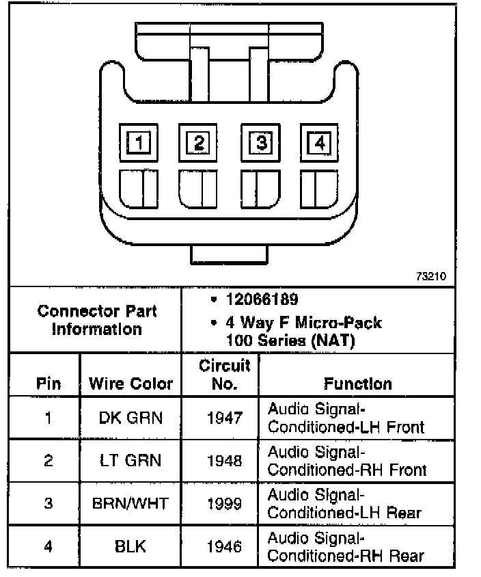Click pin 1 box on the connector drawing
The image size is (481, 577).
[139, 144]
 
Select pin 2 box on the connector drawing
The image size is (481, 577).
[199, 143]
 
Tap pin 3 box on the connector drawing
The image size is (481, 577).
[260, 143]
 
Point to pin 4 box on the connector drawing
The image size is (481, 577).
[318, 143]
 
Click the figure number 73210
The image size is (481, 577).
[430, 277]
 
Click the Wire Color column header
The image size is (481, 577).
[130, 384]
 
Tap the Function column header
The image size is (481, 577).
[357, 384]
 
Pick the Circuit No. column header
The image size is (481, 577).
[224, 375]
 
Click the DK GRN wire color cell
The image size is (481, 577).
[130, 418]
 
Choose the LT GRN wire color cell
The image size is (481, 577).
[130, 461]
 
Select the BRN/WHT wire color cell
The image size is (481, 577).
[130, 504]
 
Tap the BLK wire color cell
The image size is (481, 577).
[130, 547]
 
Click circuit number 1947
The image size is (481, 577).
[224, 418]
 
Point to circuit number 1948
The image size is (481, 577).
[224, 461]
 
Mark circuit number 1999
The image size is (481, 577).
[224, 504]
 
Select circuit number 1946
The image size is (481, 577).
[224, 547]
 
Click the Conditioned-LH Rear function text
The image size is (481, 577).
[344, 513]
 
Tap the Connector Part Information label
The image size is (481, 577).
[96, 320]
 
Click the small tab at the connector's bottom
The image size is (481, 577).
[229, 252]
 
